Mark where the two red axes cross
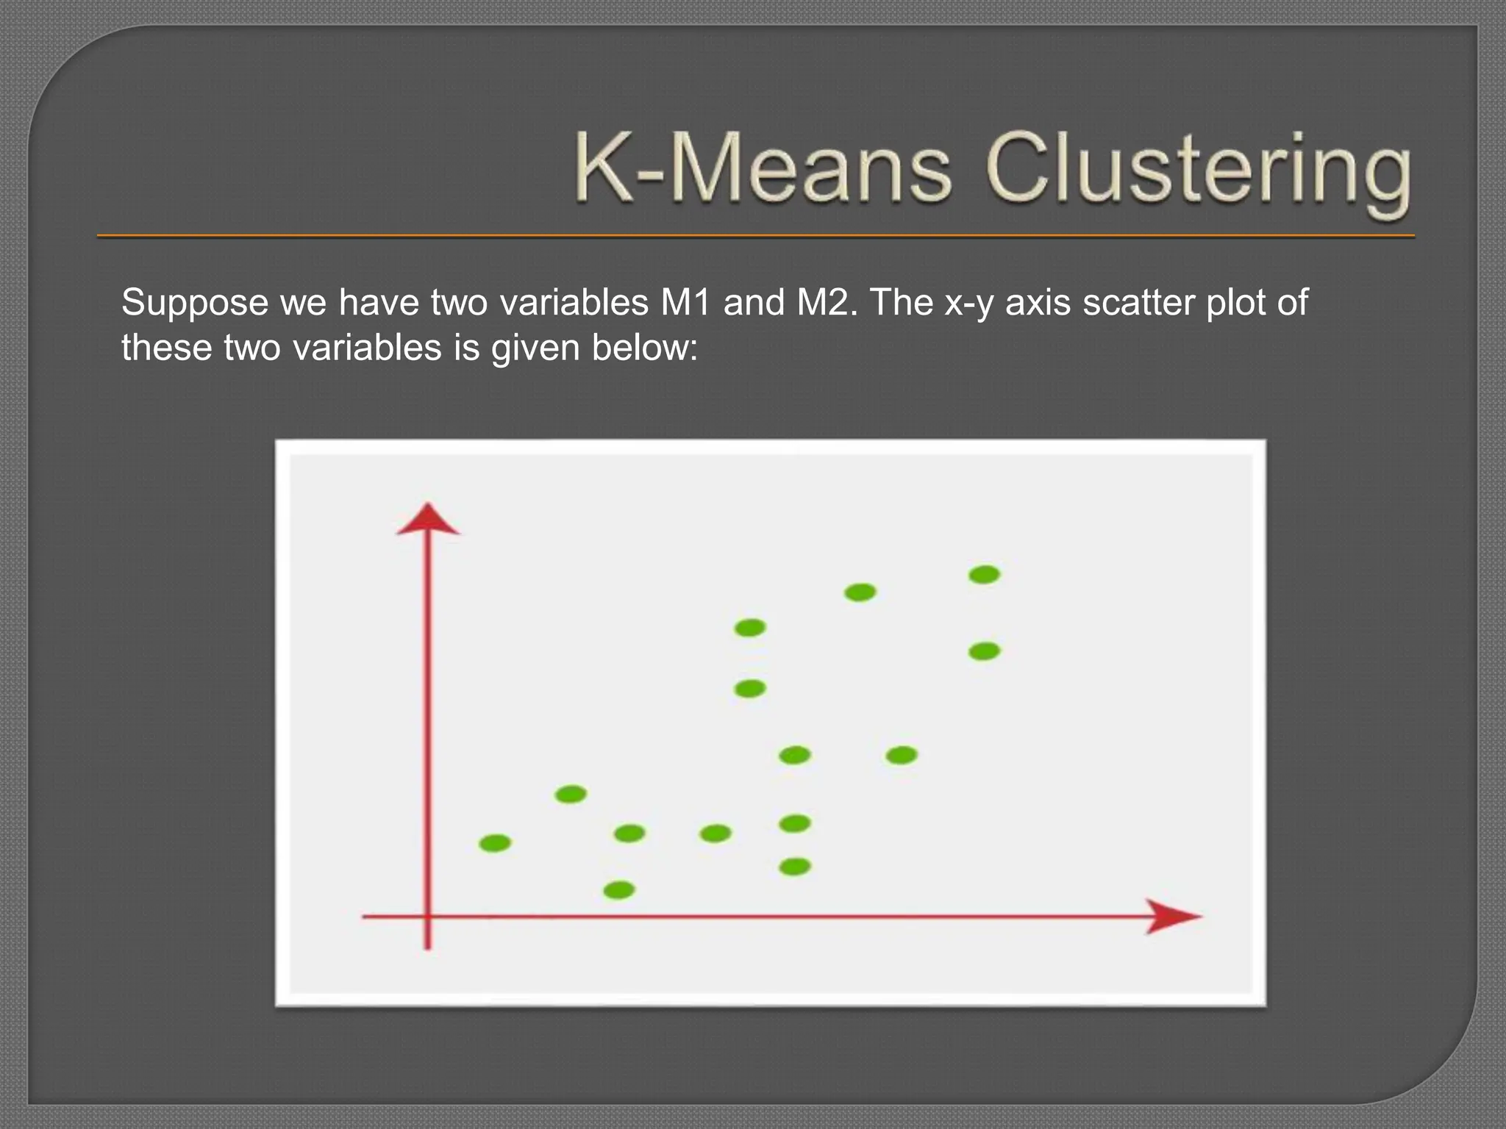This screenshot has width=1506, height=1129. pyautogui.click(x=428, y=917)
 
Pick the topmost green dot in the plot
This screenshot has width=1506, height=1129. pyautogui.click(x=984, y=575)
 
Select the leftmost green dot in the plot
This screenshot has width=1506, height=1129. pyautogui.click(x=495, y=843)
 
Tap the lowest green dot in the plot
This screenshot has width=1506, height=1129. pyautogui.click(x=618, y=891)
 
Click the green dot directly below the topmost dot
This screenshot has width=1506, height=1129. pyautogui.click(x=984, y=651)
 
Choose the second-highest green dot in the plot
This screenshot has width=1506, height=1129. pyautogui.click(x=860, y=592)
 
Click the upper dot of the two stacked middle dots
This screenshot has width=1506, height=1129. pyautogui.click(x=750, y=628)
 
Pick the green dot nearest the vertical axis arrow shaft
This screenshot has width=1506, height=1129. pyautogui.click(x=495, y=843)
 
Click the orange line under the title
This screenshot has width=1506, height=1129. pyautogui.click(x=755, y=236)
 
